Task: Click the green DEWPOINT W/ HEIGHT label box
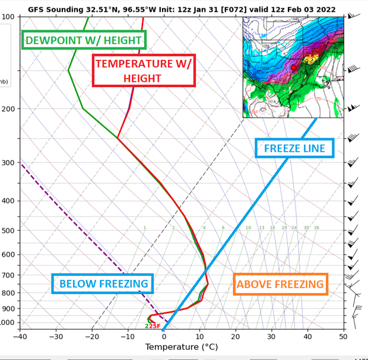coord(84,40)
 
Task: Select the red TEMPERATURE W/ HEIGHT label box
coord(144,71)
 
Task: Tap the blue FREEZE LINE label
coord(294,148)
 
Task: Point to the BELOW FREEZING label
coord(103,284)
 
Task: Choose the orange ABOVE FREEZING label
coord(280,285)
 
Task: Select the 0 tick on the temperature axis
coord(164,337)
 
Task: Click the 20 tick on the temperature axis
coord(236,337)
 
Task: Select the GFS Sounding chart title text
coord(182,9)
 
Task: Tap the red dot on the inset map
coord(293,68)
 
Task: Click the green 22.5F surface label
coord(153,326)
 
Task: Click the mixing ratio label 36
coord(316,228)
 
